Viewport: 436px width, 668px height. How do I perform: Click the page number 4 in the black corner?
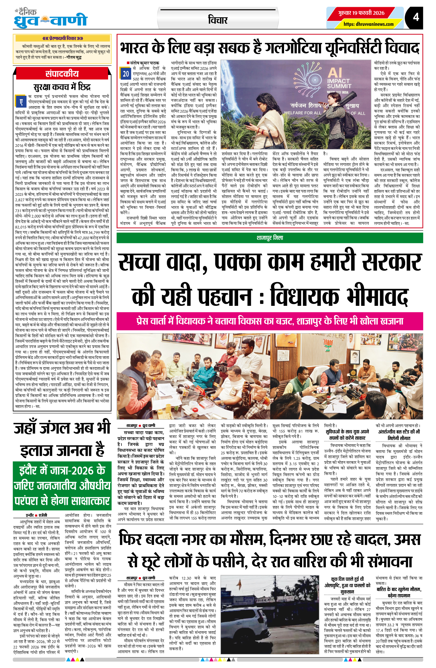(x=416, y=17)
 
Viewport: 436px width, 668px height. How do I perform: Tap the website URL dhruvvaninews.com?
(x=368, y=24)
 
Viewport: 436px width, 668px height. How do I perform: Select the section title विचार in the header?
(x=218, y=20)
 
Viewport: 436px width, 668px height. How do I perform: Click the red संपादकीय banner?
(x=62, y=74)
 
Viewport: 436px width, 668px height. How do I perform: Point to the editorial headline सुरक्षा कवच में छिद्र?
(x=62, y=87)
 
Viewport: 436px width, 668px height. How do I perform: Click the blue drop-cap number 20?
(x=126, y=74)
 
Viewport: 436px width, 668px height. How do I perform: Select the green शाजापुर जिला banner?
(x=270, y=238)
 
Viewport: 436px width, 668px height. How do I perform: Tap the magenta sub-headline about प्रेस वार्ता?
(x=270, y=321)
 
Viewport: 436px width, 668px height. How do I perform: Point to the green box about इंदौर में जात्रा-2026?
(x=62, y=485)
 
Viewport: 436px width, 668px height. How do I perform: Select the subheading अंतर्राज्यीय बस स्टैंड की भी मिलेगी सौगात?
(x=399, y=435)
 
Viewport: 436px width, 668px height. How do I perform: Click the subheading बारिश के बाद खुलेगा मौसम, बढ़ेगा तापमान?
(x=399, y=592)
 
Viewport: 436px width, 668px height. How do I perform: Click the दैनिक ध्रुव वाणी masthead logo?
(x=50, y=19)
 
